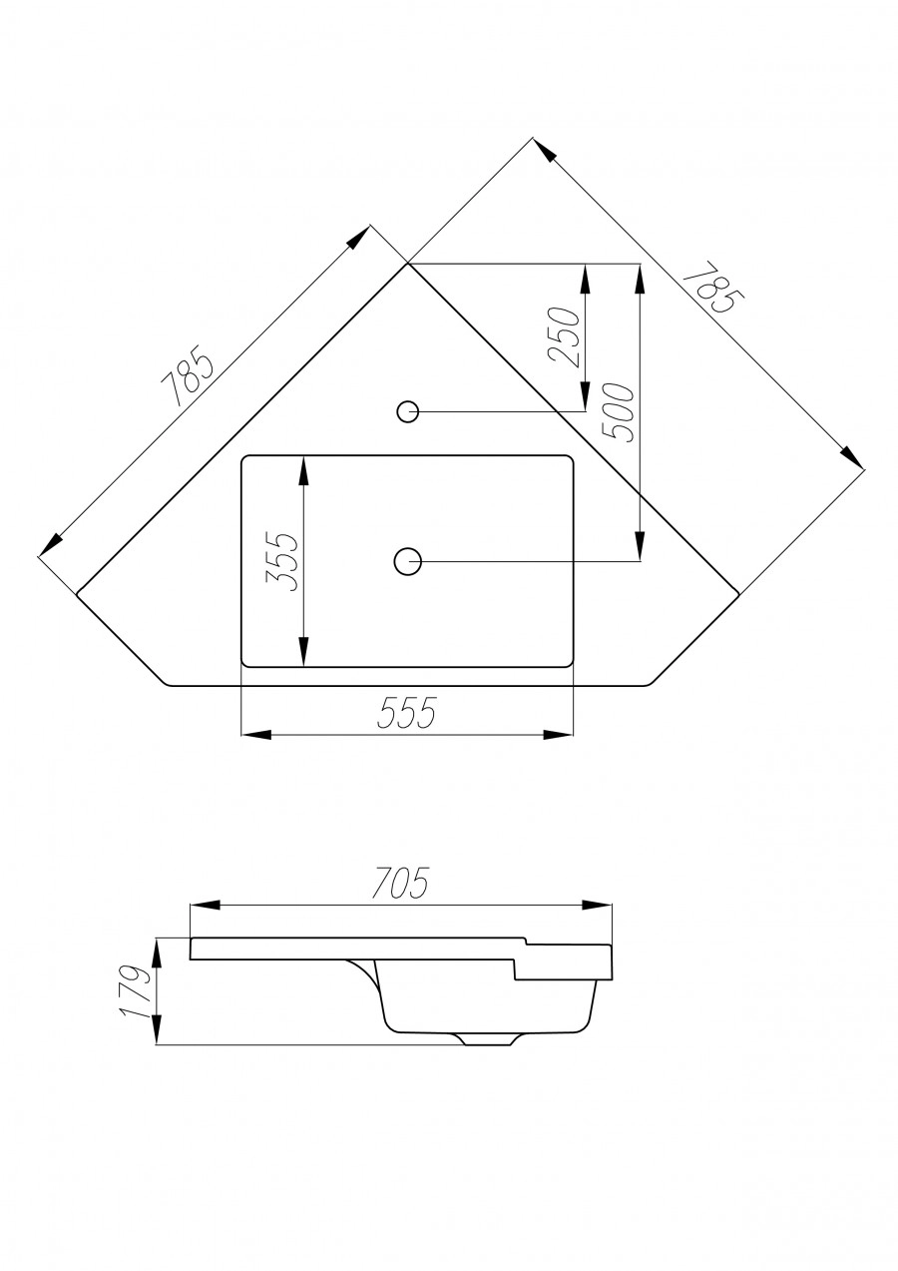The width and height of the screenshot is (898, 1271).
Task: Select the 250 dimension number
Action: coord(565,337)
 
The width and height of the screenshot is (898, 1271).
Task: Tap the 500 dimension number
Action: coord(620,412)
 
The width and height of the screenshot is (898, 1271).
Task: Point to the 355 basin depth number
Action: coord(284,562)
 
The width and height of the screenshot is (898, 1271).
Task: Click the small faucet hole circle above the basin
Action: coord(407,410)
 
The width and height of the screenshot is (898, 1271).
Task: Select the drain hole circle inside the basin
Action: coord(407,562)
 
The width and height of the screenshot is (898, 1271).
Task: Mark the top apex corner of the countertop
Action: coord(407,264)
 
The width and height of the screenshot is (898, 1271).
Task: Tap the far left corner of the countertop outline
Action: coord(77,594)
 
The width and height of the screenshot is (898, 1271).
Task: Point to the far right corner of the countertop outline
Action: coord(738,594)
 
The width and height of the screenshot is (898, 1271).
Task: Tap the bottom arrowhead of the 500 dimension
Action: coord(637,548)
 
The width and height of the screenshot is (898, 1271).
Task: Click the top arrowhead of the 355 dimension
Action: coord(303,468)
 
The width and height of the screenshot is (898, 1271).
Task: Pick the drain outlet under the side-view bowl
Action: coord(489,1040)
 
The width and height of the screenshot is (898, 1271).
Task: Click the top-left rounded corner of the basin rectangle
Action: coord(247,460)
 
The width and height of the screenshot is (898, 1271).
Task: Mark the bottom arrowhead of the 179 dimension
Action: coord(157,1033)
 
